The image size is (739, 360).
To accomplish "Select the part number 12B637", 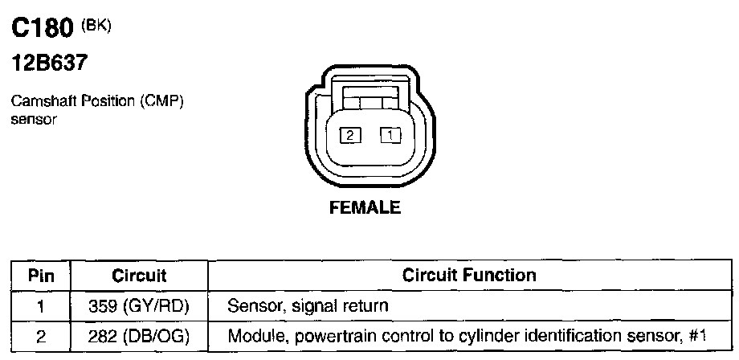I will (49, 63).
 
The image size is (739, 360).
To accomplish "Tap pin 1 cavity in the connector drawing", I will (390, 136).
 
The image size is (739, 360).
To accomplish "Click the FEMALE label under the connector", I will (365, 208).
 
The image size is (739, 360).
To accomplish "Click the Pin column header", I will (41, 276).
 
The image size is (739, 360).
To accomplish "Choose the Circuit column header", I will (139, 276).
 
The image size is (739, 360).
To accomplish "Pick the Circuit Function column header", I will (470, 276).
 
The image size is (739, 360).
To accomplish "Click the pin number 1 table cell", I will (41, 306).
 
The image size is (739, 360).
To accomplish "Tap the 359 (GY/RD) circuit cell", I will (139, 306).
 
